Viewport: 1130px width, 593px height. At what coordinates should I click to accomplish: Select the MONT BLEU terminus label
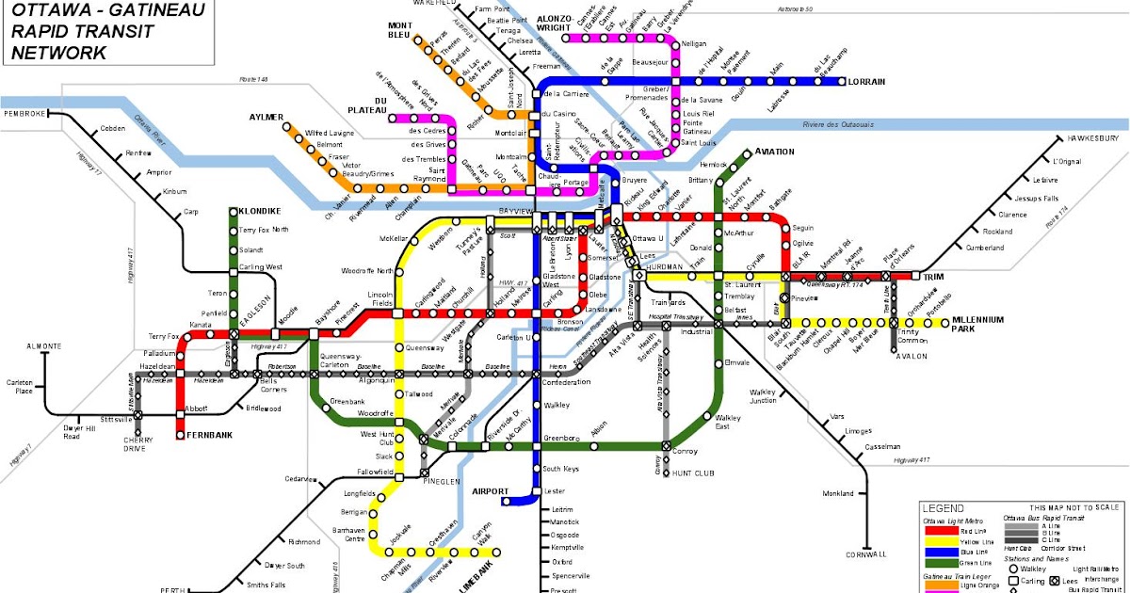click(x=400, y=30)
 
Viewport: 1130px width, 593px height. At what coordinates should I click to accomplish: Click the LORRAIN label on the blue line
click(x=866, y=82)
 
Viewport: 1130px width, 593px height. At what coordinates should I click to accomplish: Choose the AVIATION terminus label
click(x=774, y=152)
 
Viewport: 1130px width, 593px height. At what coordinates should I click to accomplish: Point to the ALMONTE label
click(x=43, y=346)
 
